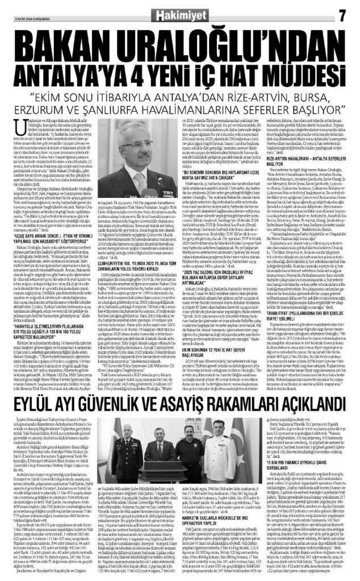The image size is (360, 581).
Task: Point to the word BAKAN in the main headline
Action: click(62, 40)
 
